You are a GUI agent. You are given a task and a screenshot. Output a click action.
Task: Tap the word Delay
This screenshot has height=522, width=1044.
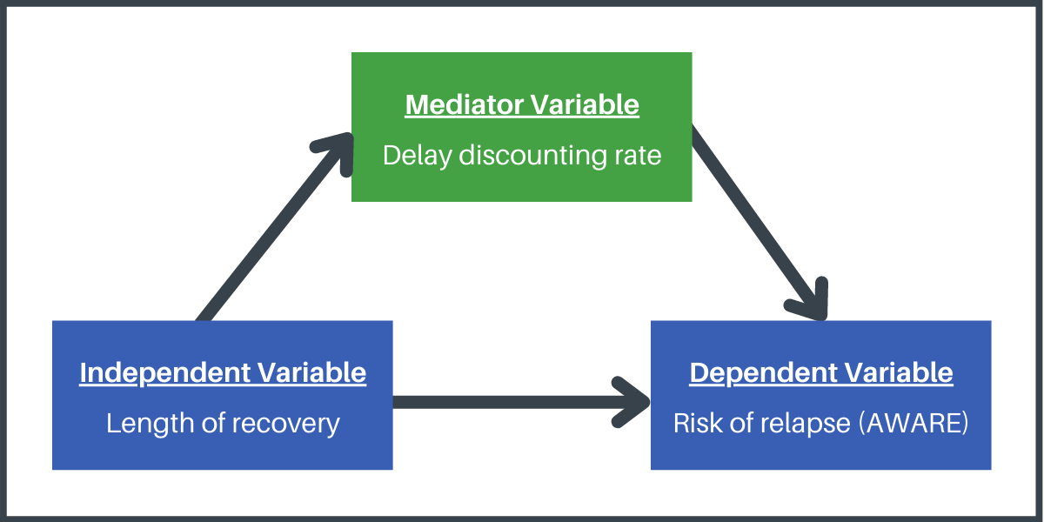pyautogui.click(x=417, y=156)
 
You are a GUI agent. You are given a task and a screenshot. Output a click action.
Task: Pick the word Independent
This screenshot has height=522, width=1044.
pyautogui.click(x=165, y=373)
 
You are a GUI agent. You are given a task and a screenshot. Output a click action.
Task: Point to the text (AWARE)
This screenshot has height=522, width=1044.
pyautogui.click(x=913, y=423)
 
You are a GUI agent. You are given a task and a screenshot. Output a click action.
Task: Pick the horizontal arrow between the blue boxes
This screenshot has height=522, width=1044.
pyautogui.click(x=521, y=402)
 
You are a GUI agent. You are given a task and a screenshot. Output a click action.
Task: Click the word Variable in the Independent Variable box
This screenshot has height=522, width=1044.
pyautogui.click(x=311, y=373)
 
